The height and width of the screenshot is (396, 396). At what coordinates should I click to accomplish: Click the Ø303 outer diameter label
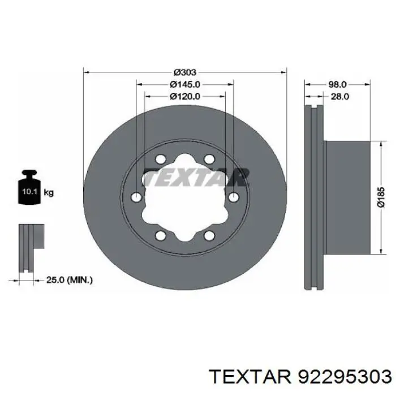185,72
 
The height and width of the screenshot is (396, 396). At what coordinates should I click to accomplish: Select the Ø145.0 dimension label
185,84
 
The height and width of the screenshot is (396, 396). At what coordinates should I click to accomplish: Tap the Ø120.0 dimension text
185,97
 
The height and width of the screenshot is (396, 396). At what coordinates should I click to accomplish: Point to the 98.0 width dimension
337,85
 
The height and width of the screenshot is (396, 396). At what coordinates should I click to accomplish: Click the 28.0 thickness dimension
340,97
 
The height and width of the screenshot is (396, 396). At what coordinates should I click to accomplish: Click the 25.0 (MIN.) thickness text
70,280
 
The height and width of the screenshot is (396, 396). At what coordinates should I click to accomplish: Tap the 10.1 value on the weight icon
30,191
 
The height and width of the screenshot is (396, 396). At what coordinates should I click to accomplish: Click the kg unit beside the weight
49,193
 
